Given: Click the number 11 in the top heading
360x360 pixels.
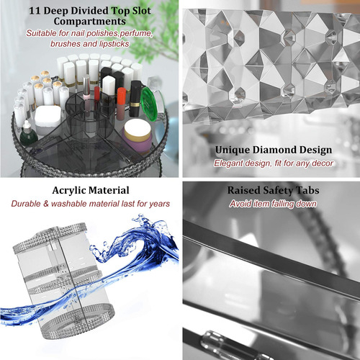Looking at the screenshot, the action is [x=35, y=11].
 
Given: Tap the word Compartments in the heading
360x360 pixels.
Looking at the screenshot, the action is [x=90, y=22].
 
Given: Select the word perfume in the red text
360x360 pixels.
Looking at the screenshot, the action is [x=136, y=33].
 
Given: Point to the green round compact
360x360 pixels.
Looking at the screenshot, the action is [x=149, y=104].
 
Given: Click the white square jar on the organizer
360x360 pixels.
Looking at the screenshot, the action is [x=48, y=120].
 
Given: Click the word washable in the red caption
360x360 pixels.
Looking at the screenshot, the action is [x=69, y=204].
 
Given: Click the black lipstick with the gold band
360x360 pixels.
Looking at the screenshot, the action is [x=135, y=99].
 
